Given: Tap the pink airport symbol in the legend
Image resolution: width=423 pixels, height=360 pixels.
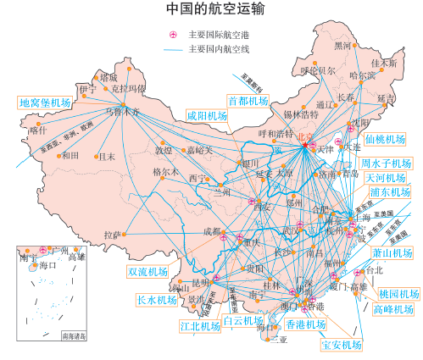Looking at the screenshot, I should pos(174,35).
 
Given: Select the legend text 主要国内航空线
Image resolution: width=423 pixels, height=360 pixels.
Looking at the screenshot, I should pos(219,49).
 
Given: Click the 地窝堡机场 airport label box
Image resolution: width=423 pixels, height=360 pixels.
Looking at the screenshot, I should pos(45,102).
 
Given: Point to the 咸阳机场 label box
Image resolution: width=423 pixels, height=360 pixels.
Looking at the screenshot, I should pos(207,116).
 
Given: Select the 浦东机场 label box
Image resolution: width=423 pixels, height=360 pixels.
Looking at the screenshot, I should pos(386,194).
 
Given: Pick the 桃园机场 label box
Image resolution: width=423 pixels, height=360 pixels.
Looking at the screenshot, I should pos(398,294).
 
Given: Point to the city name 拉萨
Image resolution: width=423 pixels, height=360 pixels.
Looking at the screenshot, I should pos(114,235).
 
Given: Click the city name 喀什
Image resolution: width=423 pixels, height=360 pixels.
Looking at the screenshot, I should pos(37,130).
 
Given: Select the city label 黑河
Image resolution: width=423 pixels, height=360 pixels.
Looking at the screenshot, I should pos(343,45).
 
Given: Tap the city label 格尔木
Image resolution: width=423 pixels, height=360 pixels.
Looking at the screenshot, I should pos(166,171).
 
